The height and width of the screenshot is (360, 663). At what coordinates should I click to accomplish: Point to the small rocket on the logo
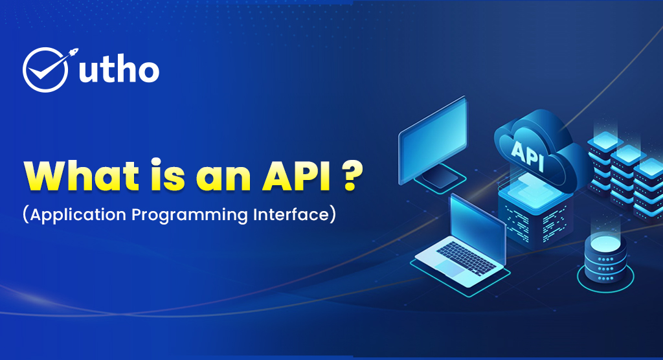click(x=73, y=53)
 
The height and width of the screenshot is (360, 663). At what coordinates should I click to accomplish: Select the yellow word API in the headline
click(x=297, y=175)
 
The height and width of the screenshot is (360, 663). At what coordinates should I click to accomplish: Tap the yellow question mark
click(x=352, y=175)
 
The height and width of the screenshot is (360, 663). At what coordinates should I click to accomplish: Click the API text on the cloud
click(x=527, y=155)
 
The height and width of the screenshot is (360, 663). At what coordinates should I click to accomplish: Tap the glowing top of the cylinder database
click(x=605, y=243)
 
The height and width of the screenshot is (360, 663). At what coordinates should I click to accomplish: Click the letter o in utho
click(x=148, y=72)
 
